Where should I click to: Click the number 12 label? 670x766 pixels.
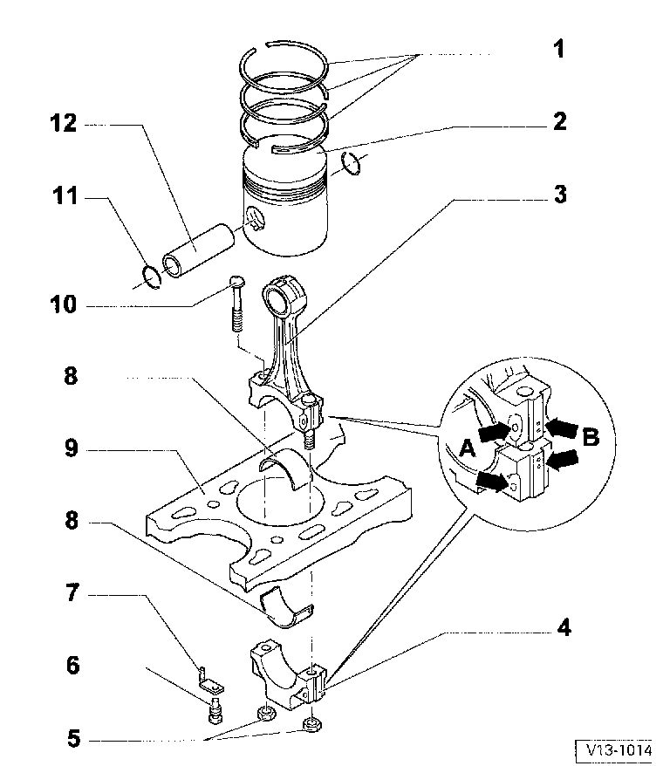(65, 125)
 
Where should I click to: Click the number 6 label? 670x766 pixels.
(72, 667)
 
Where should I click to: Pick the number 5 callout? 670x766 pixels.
(72, 740)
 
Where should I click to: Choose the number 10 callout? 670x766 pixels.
(64, 305)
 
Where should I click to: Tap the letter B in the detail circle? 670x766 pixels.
(591, 438)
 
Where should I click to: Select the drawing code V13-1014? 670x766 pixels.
(619, 749)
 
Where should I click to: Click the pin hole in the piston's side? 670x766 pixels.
(255, 218)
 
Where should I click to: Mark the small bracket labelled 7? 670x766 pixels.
(208, 677)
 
